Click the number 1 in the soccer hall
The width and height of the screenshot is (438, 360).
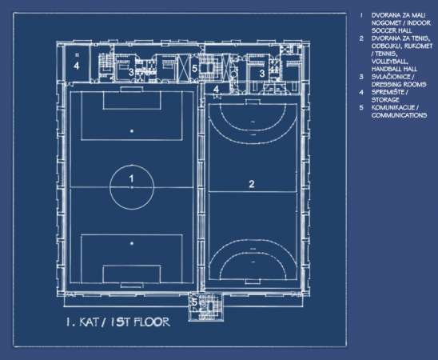[x=132, y=178]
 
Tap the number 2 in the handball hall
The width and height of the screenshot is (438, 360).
[x=252, y=184]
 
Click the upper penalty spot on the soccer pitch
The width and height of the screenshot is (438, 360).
[x=132, y=131]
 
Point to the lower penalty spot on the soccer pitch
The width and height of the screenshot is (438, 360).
[x=132, y=243]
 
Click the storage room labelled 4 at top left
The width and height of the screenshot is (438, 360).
[x=77, y=64]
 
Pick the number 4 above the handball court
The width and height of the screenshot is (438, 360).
[x=217, y=89]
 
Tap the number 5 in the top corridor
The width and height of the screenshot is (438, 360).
[x=195, y=68]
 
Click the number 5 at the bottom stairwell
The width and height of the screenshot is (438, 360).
[x=194, y=302]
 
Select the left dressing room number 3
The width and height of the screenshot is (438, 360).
[x=131, y=72]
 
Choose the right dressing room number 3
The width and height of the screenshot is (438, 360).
[x=262, y=74]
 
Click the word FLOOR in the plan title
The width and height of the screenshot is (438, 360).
[x=152, y=322]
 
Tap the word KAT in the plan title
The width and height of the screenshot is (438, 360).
[x=89, y=322]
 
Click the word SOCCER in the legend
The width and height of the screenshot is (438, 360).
[x=381, y=30]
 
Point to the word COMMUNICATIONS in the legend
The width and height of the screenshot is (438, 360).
[x=399, y=115]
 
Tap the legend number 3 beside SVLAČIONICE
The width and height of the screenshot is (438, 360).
[x=361, y=77]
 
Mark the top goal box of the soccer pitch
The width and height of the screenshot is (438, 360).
[x=132, y=100]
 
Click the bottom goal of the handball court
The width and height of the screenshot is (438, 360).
[x=253, y=282]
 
